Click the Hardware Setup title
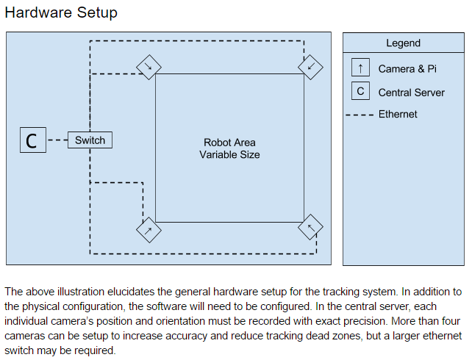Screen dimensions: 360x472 point(61,13)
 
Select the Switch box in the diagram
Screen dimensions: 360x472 point(90,140)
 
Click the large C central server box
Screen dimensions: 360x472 point(32,140)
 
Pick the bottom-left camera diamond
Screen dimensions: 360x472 point(149,229)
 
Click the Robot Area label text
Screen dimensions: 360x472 point(229,143)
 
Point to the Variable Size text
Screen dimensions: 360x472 point(229,155)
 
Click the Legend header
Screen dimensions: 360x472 point(404,43)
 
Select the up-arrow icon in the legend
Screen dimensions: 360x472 point(360,68)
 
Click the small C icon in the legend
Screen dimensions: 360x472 point(360,92)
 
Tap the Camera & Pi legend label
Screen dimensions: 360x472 point(407,69)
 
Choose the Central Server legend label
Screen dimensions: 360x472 point(411,93)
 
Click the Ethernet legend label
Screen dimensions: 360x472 point(398,114)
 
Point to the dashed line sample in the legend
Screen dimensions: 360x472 point(360,115)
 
